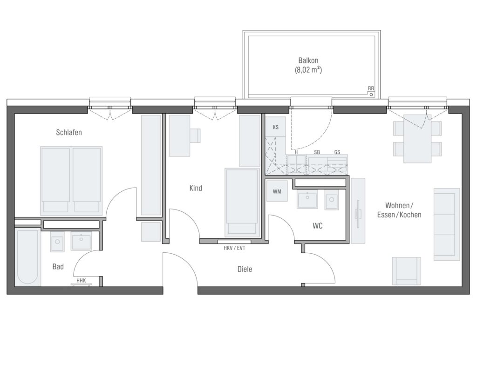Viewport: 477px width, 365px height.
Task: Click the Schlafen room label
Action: click(69, 133)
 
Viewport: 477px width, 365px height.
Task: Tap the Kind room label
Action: click(196, 188)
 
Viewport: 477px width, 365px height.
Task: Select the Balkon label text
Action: click(308, 60)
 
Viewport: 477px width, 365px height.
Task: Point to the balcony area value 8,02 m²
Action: click(308, 70)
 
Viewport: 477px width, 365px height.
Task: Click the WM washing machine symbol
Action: click(277, 191)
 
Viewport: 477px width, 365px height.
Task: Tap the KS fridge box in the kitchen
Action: click(276, 127)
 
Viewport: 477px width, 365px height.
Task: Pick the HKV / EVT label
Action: click(234, 248)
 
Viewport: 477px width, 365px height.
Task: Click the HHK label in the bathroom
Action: click(81, 280)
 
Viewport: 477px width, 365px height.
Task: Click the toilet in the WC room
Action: click(332, 200)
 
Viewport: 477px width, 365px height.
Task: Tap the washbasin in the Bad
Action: click(81, 241)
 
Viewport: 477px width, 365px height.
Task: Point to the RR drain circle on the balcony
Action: click(371, 95)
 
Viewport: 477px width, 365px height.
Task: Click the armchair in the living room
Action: click(406, 271)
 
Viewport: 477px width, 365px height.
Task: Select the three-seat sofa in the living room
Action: click(447, 224)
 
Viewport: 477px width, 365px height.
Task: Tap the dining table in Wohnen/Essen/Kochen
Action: click(417, 139)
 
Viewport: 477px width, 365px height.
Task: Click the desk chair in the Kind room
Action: click(195, 135)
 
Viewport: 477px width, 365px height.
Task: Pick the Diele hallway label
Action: click(245, 269)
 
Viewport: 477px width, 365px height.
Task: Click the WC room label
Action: click(317, 226)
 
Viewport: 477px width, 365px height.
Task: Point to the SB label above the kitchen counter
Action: click(317, 152)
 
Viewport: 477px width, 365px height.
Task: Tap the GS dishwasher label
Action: click(337, 152)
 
